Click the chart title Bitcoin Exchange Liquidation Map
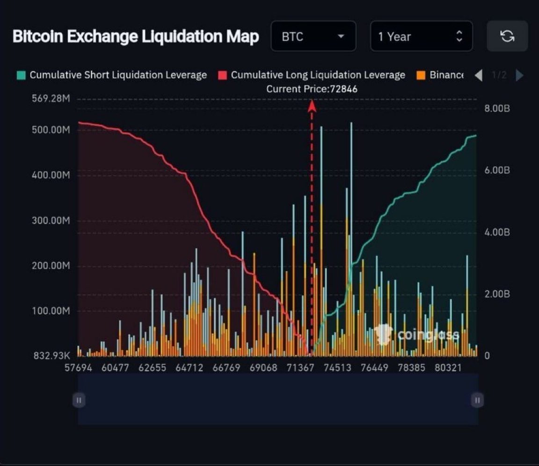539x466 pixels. click(135, 36)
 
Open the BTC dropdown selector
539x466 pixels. click(313, 36)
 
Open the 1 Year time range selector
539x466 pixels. click(421, 36)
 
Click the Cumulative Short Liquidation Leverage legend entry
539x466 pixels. click(112, 75)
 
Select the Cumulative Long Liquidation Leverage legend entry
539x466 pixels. click(312, 75)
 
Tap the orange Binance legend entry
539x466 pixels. click(440, 75)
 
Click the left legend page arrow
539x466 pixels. click(478, 75)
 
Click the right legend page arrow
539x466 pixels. click(519, 75)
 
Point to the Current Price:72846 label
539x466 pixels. click(312, 89)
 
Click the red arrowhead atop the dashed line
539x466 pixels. click(312, 107)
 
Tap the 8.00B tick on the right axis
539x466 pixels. click(496, 109)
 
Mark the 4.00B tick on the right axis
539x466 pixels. click(496, 233)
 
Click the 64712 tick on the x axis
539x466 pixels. click(189, 368)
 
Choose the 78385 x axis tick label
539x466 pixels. click(411, 368)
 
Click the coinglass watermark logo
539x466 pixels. click(416, 335)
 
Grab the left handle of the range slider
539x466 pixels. click(79, 400)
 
